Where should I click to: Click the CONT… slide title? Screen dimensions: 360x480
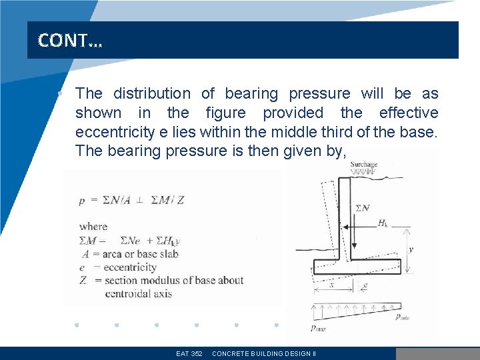(x=70, y=41)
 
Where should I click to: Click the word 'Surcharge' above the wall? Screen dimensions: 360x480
(x=364, y=164)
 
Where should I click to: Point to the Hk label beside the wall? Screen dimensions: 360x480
(x=383, y=223)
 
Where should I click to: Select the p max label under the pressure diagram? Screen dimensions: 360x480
(x=321, y=327)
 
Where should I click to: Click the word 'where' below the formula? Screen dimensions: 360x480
(x=93, y=227)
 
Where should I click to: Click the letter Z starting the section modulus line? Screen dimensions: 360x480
(x=82, y=281)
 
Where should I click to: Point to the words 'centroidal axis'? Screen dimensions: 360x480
(x=138, y=293)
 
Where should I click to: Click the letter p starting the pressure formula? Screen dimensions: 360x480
(x=81, y=200)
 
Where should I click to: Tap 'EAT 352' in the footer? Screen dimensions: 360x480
(x=189, y=353)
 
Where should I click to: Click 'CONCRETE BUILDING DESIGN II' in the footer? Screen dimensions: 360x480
(x=263, y=353)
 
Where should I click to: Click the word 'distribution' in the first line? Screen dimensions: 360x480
(x=151, y=93)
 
